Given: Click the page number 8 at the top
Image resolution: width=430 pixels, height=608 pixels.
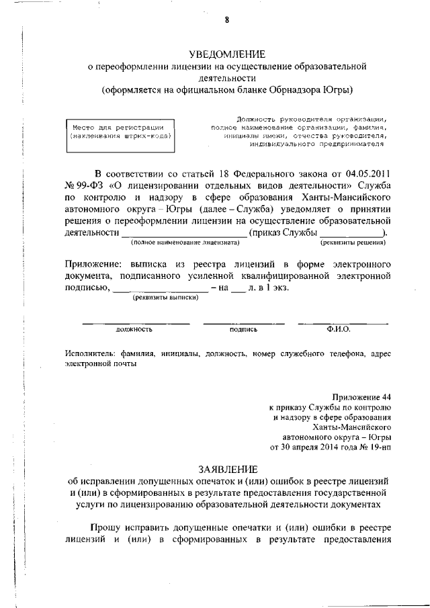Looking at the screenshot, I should (x=227, y=19).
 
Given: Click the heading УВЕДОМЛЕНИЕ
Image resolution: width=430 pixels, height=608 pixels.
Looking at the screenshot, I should (x=227, y=54).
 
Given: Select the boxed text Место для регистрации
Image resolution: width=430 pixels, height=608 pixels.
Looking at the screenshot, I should (x=118, y=127).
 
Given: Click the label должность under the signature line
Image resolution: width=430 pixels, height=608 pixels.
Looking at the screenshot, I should (x=134, y=330).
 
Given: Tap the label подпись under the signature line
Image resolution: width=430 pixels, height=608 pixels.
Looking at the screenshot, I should (x=243, y=330).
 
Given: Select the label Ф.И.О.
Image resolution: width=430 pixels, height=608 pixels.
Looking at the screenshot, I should (x=339, y=329).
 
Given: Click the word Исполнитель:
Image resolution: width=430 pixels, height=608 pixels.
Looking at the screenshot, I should (x=88, y=353).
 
